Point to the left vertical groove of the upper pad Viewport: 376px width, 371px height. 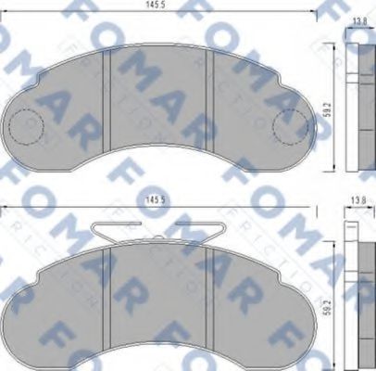coord(111,93)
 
